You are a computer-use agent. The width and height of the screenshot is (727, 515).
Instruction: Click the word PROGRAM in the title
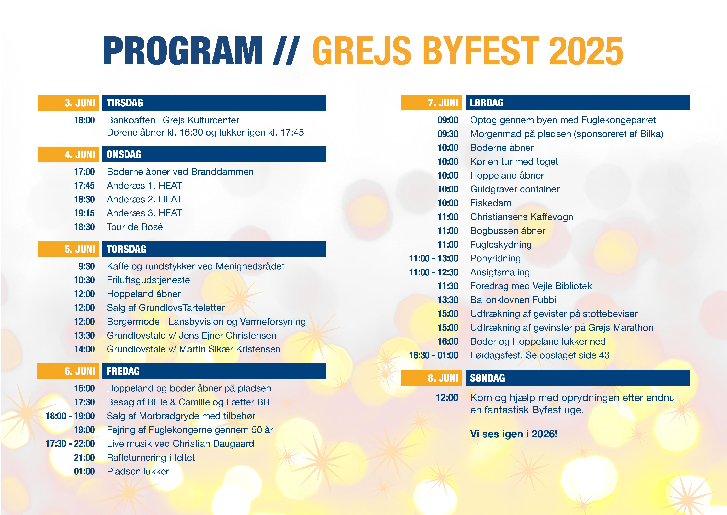pos(183,51)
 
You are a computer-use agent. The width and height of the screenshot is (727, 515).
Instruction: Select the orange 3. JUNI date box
pos(68,103)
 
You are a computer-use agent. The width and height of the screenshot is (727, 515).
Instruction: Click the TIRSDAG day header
pos(214,103)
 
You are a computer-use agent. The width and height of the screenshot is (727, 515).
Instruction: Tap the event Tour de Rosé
pos(135,227)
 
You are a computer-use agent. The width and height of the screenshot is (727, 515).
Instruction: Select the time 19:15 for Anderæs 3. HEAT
pos(84,213)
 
